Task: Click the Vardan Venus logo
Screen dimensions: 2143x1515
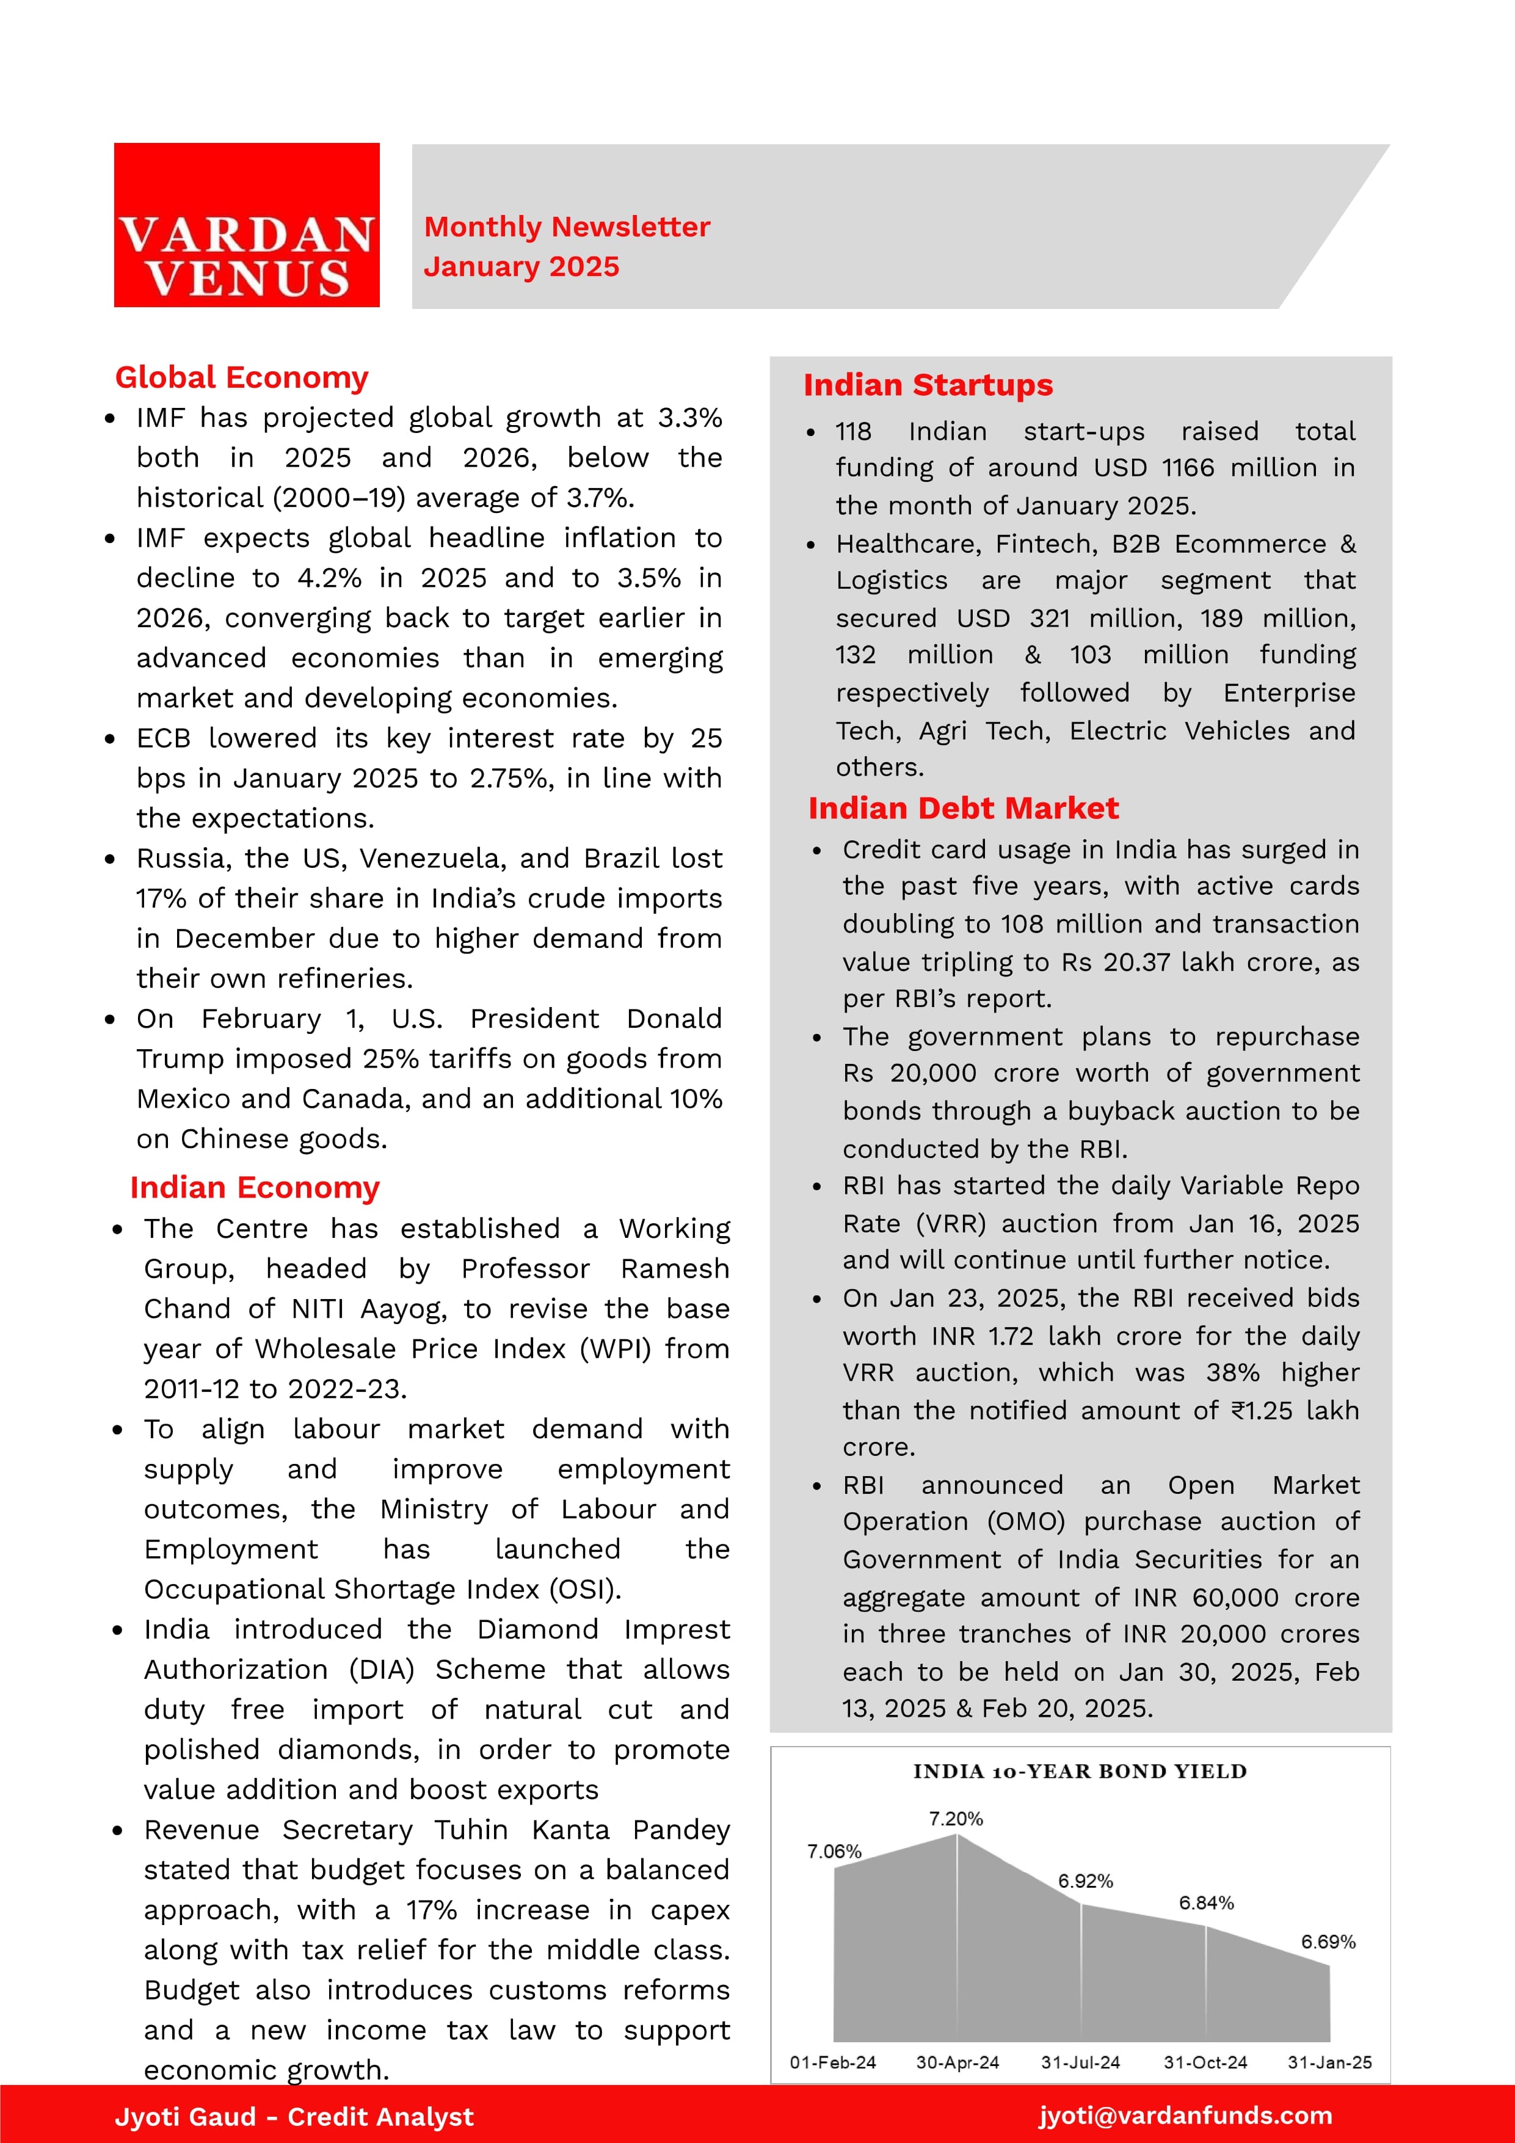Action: (x=247, y=225)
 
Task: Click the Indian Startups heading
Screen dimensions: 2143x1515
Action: (x=928, y=385)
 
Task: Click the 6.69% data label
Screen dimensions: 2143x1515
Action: (x=1328, y=1941)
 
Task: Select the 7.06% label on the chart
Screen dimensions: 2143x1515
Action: (x=834, y=1851)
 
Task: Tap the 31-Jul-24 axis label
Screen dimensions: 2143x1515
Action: (x=1080, y=2062)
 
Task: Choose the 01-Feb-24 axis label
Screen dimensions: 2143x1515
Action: (x=833, y=2062)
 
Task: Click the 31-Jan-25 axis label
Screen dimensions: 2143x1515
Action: (x=1329, y=2062)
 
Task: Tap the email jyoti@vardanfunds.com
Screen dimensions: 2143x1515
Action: (x=1185, y=2115)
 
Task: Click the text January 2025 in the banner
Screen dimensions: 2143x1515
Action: (x=521, y=267)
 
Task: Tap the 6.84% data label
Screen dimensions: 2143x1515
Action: (x=1206, y=1902)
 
